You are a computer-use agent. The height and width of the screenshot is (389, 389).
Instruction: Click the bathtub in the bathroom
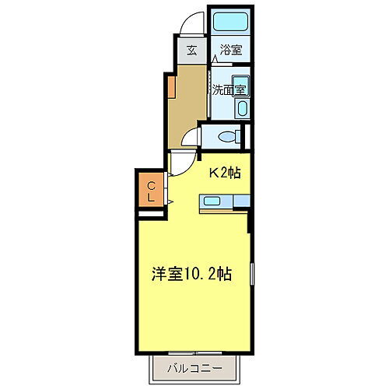230,22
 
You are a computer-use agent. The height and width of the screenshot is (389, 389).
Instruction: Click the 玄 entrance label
191,52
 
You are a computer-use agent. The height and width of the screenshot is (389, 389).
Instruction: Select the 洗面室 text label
229,89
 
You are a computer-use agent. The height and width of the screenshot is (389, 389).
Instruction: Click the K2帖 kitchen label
223,173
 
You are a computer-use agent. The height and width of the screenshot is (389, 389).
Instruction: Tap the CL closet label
152,190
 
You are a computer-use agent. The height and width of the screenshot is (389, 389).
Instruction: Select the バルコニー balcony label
194,368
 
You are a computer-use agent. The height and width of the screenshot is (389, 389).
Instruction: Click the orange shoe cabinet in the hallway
169,86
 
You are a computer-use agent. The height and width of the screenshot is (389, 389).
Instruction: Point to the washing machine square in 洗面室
240,89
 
